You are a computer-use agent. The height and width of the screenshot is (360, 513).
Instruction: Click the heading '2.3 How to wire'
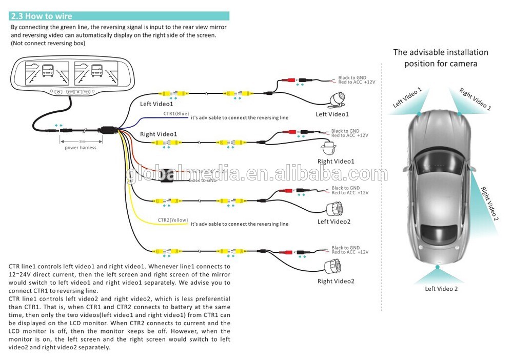click(42, 16)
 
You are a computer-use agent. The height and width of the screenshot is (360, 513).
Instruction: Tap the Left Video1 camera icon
click(338, 99)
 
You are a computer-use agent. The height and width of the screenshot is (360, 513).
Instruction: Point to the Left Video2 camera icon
click(335, 208)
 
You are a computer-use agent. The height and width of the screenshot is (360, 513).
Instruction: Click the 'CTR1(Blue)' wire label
click(176, 113)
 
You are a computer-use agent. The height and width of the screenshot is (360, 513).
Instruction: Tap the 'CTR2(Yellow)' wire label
click(173, 220)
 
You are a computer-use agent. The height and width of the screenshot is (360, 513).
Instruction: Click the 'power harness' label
click(80, 148)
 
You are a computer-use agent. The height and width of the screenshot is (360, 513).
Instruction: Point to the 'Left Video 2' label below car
click(441, 289)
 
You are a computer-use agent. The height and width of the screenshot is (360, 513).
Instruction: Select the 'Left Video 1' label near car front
click(407, 97)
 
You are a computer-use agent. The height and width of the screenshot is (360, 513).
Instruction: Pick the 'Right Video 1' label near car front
click(475, 99)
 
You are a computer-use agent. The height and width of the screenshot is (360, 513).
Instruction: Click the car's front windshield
click(440, 166)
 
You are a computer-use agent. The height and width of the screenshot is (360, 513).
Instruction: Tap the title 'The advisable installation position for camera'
click(441, 58)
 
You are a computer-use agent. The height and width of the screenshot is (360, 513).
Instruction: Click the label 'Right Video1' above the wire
click(159, 134)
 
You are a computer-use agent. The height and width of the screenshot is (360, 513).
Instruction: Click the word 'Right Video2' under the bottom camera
click(336, 281)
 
